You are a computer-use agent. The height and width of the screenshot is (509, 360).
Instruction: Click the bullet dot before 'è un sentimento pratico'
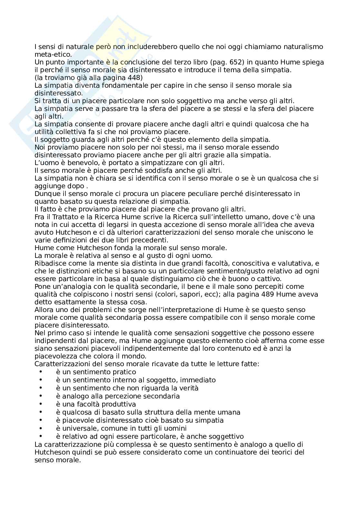[41, 372]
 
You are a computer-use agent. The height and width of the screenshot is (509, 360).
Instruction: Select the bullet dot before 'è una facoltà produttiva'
[41, 404]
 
